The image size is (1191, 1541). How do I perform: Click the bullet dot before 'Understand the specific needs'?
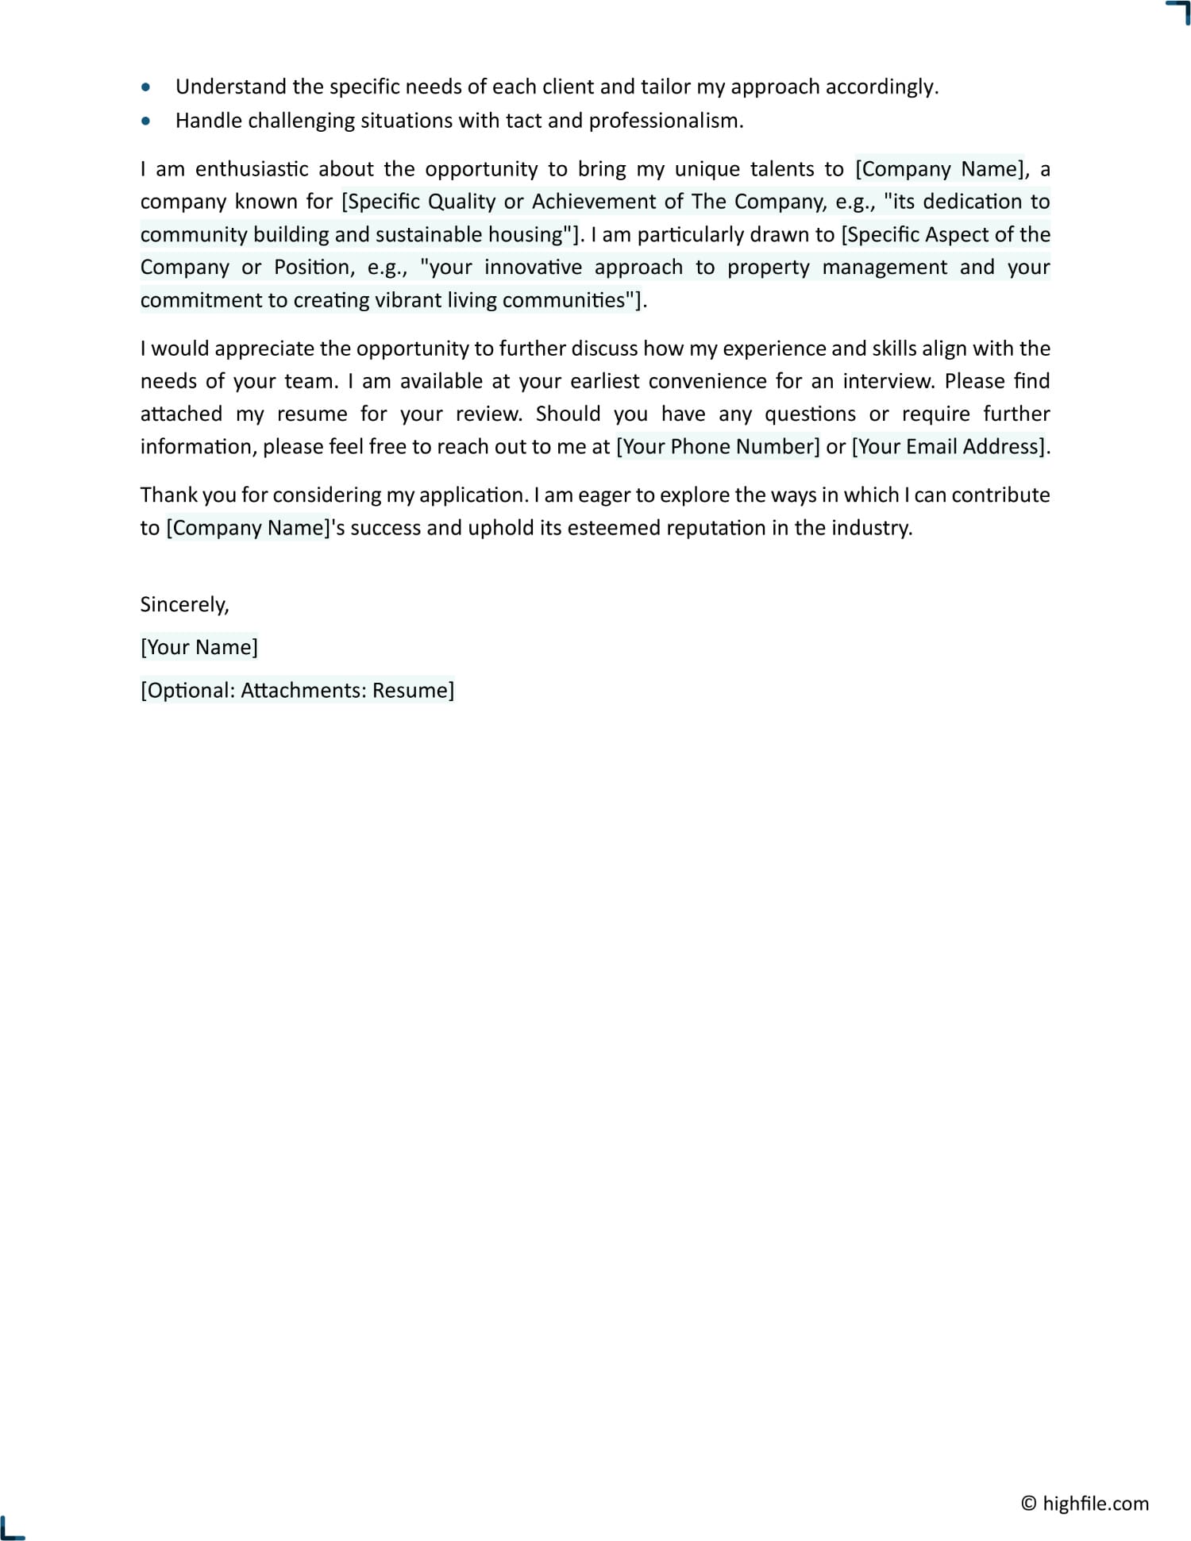coord(145,87)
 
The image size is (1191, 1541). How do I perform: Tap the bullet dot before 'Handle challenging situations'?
coord(145,121)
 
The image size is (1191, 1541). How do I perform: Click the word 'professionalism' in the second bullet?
coord(665,121)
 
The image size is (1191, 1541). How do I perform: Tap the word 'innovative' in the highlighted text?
coord(533,268)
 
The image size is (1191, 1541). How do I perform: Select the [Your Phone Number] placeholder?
coord(718,447)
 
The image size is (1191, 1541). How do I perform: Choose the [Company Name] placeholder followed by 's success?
coord(248,528)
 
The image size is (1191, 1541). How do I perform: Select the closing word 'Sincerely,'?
coord(184,604)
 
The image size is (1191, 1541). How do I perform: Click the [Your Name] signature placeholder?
coord(199,647)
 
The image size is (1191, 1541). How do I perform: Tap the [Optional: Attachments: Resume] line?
coord(297,690)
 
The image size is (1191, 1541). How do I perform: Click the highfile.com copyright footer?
coord(1085,1503)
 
